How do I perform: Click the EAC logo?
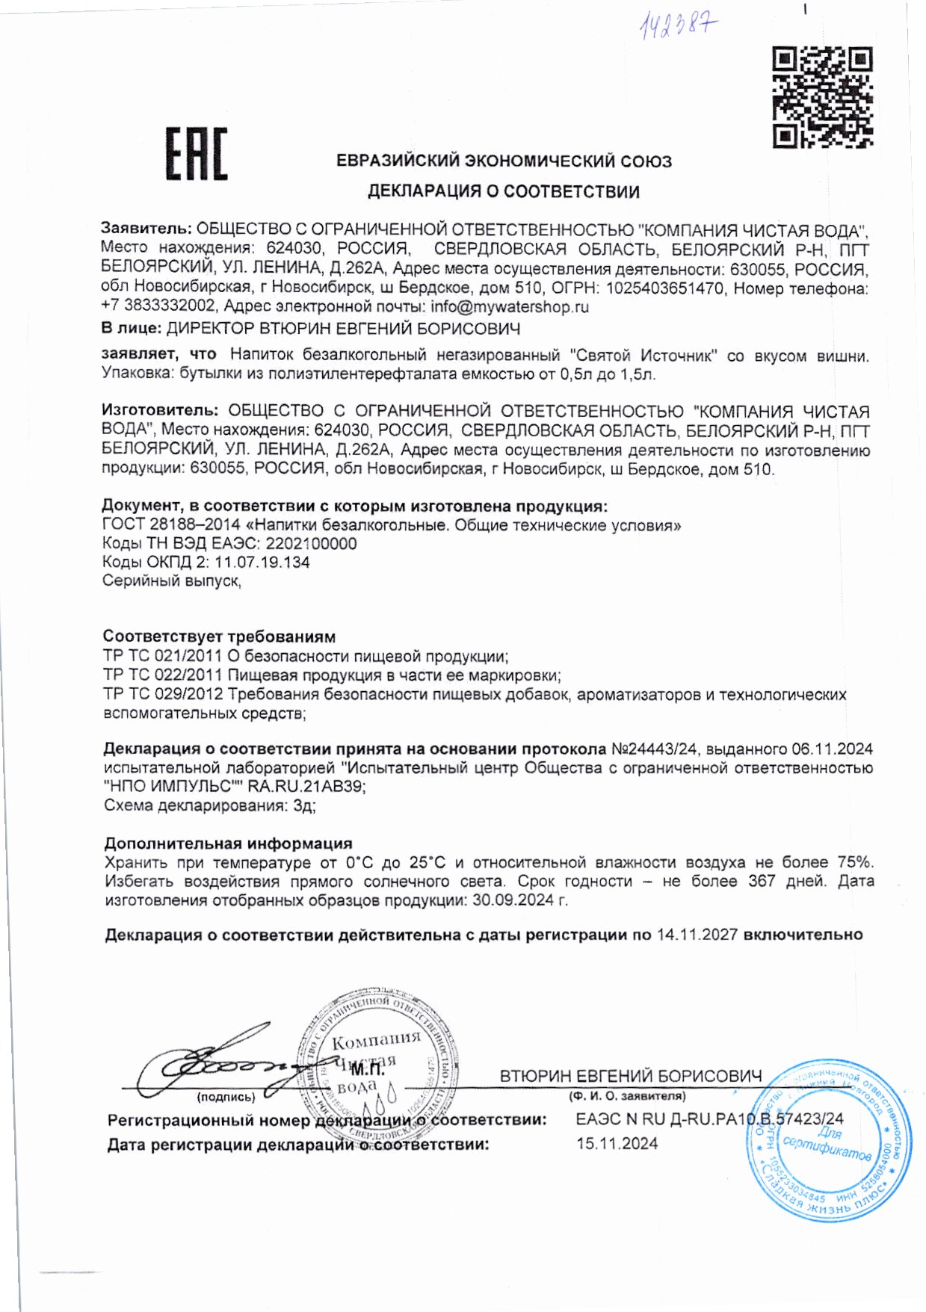coord(196,154)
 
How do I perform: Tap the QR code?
coord(822,97)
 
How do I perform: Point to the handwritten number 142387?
coord(677,27)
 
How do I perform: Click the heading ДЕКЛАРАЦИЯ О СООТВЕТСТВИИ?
coord(503,191)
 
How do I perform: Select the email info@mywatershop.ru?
coord(510,306)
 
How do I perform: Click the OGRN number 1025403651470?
coord(665,288)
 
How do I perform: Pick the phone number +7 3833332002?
coord(158,306)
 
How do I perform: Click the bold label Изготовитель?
coord(160,410)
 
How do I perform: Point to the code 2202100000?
coord(311,543)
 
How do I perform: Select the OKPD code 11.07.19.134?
coord(262,562)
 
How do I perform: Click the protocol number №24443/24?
coord(655,749)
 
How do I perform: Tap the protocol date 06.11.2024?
coord(832,749)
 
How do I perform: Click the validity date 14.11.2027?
coord(697,935)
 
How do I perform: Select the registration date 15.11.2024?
coord(617,1143)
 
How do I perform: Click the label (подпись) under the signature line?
coord(226,1097)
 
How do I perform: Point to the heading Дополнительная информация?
coord(228,844)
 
